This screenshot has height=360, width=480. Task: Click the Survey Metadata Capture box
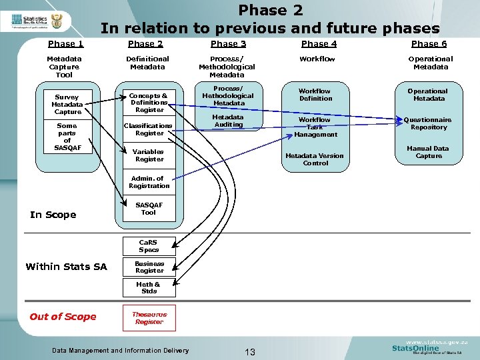click(67, 105)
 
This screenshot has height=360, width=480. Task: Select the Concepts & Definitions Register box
click(149, 103)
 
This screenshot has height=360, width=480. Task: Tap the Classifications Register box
click(149, 129)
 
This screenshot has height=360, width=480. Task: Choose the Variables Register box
click(149, 155)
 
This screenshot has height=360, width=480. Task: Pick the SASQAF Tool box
click(149, 209)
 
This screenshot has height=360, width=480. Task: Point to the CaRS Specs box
click(149, 246)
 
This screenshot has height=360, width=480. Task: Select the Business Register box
click(149, 267)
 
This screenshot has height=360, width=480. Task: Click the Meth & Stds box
click(149, 287)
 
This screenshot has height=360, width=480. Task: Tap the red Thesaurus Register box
click(149, 318)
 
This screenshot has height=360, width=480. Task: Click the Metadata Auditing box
click(228, 121)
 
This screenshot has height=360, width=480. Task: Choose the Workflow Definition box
click(315, 95)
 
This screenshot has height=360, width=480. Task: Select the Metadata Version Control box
click(315, 159)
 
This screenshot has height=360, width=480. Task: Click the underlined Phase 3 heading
click(228, 44)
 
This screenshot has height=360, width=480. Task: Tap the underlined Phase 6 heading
click(429, 44)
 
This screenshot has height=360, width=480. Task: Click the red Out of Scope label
click(63, 317)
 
